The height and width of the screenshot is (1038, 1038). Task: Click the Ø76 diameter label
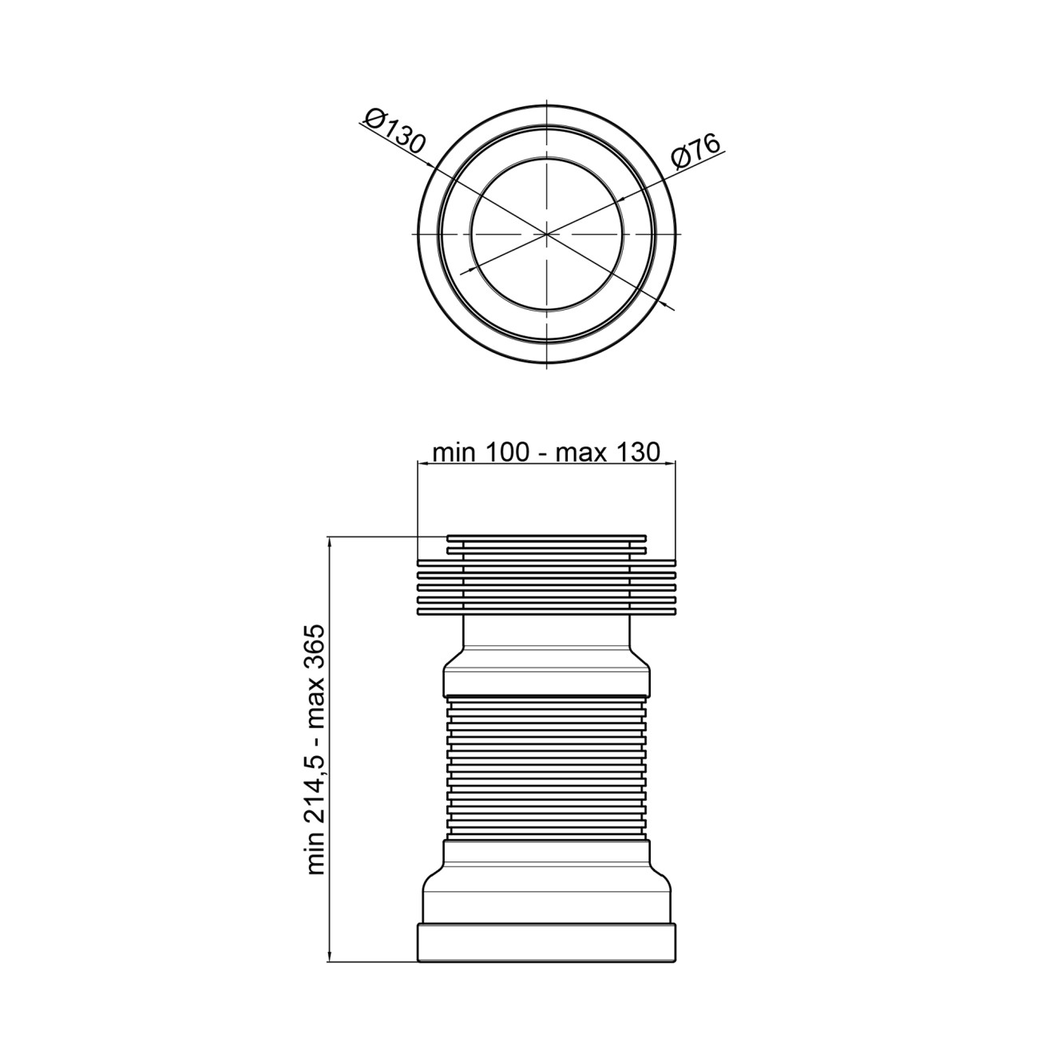point(696,153)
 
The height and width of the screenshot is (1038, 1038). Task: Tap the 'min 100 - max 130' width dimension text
point(546,452)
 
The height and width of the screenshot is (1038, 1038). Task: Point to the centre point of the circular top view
point(547,234)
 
